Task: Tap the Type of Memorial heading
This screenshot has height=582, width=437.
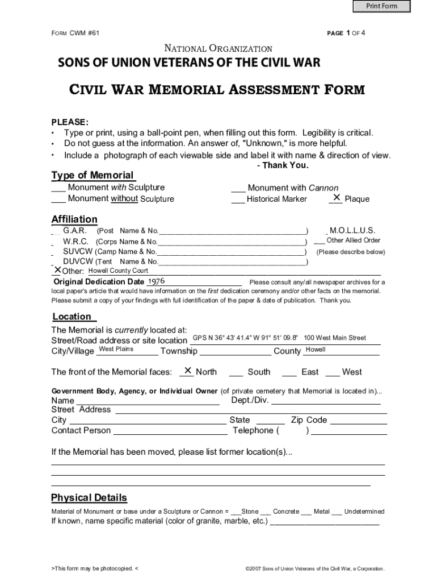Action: (x=93, y=175)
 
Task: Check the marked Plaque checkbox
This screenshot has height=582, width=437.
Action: (x=336, y=198)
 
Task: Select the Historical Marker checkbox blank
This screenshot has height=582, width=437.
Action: (x=238, y=199)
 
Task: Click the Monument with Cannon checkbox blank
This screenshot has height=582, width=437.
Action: (x=238, y=188)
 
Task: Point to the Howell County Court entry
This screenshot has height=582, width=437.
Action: (x=118, y=271)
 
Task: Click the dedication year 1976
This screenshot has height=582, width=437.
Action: (x=156, y=281)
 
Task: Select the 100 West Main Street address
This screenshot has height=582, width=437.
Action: (x=335, y=338)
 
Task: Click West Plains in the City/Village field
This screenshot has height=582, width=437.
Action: (x=116, y=349)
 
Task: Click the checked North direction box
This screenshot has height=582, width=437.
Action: (x=187, y=371)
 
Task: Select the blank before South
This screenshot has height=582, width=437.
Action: (x=236, y=372)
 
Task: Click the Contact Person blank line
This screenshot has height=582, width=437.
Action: (x=170, y=431)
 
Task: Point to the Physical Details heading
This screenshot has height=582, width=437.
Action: (x=89, y=498)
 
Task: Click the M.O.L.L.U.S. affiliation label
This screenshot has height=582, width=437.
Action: (x=352, y=231)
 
